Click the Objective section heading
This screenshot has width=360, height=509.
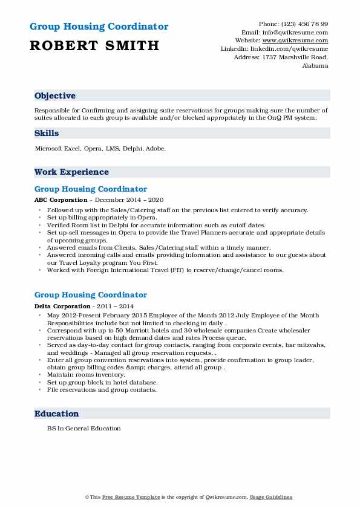[55, 96]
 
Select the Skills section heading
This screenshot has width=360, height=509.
[47, 134]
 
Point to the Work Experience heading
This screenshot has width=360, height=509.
[71, 172]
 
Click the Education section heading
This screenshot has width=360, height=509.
[57, 413]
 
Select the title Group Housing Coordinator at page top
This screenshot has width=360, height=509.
[99, 27]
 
